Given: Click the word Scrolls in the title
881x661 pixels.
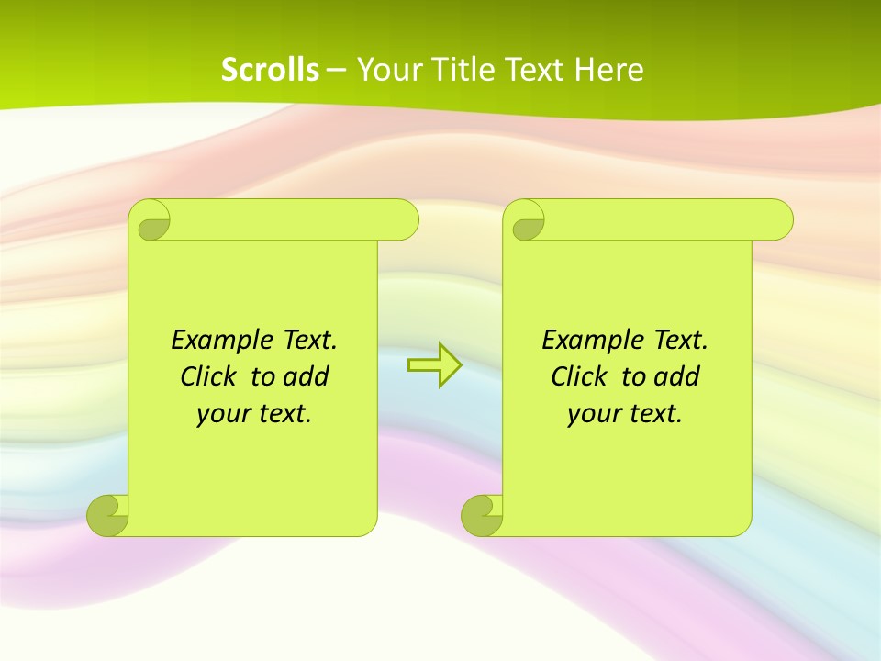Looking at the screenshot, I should (x=270, y=70).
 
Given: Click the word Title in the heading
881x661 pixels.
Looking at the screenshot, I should (x=462, y=70).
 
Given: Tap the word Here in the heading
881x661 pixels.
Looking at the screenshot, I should (x=608, y=70).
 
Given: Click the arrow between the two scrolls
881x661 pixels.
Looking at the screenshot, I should (x=434, y=365).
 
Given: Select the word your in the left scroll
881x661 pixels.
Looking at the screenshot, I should (x=222, y=413).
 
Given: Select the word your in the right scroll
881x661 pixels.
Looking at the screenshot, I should (x=593, y=413).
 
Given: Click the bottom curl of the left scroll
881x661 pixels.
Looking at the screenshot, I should (x=107, y=515).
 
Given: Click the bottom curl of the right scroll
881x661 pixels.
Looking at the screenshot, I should (x=481, y=515).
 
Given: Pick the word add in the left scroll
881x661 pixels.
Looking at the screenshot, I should (x=307, y=376).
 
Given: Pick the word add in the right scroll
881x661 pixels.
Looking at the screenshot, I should (x=677, y=376).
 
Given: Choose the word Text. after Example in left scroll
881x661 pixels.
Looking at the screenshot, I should (x=309, y=340).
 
